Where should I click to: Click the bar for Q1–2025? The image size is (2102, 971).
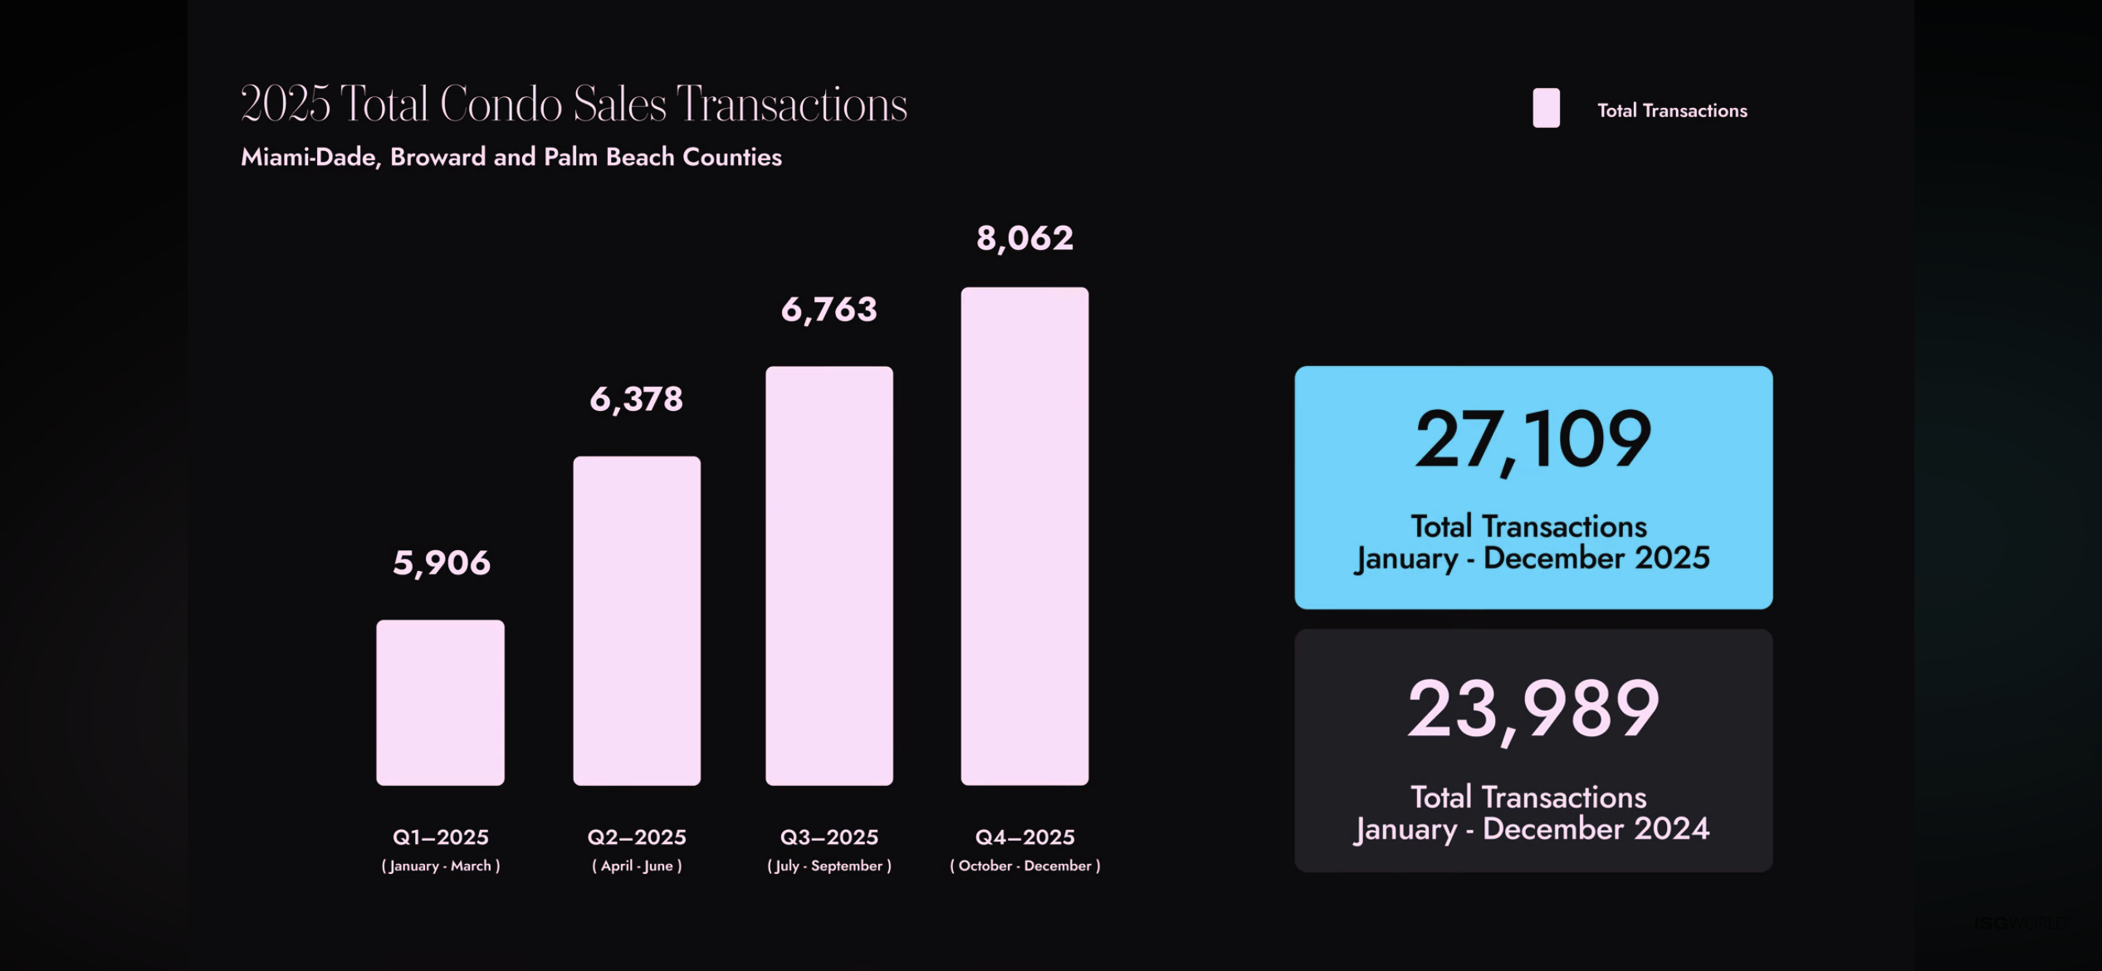point(440,702)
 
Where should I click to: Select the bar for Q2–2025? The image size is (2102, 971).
point(637,620)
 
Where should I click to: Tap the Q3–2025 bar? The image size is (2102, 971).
point(829,575)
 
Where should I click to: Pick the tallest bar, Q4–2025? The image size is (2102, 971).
point(1024,536)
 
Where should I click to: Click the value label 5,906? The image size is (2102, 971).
point(442,563)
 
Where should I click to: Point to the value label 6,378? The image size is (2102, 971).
point(637,399)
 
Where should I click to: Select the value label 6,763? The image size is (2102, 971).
point(829,310)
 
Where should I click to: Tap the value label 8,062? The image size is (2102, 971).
point(1024,238)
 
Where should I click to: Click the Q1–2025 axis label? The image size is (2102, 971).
point(440,837)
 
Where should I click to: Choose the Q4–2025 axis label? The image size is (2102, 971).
point(1024,837)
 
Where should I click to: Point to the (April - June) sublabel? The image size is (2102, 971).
point(637,866)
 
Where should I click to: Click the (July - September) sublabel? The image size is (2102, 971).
point(829,866)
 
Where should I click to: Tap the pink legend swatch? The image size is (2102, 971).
point(1546,108)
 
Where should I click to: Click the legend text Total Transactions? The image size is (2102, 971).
point(1672,110)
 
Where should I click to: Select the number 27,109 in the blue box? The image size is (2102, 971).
point(1533,440)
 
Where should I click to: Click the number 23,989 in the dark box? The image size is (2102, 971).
point(1533,710)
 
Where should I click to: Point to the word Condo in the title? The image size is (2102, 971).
point(501,105)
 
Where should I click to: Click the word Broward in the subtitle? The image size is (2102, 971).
point(438,157)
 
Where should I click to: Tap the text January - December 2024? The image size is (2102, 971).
point(1532,828)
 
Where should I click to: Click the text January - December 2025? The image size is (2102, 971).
point(1532,558)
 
